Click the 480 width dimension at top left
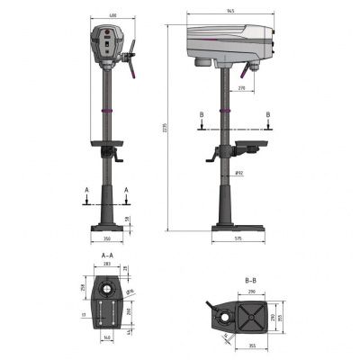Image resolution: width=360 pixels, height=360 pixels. click(111, 16)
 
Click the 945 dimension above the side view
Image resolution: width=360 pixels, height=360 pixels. click(232, 11)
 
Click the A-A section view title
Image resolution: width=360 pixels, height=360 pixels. click(107, 256)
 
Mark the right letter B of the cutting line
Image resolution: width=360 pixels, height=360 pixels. click(268, 115)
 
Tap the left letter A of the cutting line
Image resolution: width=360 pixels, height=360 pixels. click(85, 190)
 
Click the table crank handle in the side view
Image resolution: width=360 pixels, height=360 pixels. click(213, 159)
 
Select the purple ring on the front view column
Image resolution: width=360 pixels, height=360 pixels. click(107, 110)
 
